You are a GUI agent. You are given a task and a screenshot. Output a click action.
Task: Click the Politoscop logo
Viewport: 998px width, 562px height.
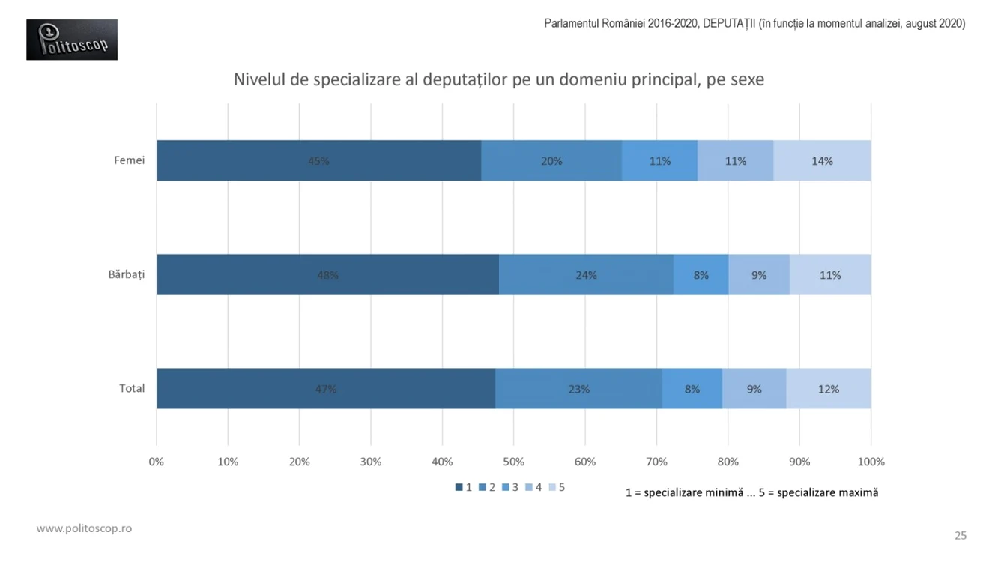point(72,40)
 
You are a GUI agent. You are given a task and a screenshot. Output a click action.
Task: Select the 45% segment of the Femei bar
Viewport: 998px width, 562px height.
point(319,160)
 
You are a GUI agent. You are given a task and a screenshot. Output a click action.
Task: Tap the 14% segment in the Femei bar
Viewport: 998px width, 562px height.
point(822,160)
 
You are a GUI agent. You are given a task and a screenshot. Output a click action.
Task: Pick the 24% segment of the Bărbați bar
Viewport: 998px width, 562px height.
point(586,274)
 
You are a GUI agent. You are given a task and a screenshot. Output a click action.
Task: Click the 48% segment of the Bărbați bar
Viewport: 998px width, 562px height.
point(328,274)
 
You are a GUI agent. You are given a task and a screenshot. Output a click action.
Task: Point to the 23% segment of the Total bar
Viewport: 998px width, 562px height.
point(578,389)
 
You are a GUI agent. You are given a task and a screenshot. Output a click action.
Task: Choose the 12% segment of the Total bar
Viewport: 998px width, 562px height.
point(829,389)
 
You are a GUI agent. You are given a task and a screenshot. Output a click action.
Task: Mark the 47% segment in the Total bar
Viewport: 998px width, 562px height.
point(326,389)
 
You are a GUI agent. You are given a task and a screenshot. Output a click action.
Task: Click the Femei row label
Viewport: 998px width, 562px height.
point(129,160)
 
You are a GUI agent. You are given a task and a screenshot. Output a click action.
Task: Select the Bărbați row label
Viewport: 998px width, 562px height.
point(127,274)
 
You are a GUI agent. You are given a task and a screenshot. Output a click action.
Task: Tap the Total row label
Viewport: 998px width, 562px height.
point(132,389)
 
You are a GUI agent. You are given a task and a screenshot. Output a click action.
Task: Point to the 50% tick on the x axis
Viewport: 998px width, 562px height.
point(513,462)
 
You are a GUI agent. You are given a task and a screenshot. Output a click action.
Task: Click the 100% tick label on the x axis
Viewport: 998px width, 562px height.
point(871,462)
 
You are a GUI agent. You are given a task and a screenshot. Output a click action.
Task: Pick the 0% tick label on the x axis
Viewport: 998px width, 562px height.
point(157,462)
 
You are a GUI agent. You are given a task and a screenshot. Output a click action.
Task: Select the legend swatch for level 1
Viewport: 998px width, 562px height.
point(459,487)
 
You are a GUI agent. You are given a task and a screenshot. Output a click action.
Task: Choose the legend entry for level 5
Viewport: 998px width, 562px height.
point(557,487)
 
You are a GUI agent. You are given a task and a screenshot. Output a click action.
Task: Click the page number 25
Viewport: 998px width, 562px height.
point(961,535)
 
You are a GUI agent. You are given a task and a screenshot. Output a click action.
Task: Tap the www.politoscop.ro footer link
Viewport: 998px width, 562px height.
point(84,528)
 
